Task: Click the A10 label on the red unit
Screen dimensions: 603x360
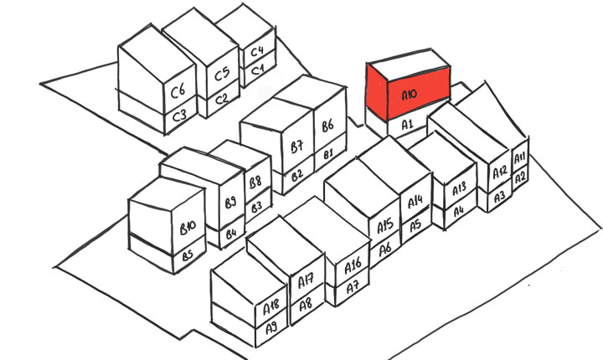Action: tap(410, 95)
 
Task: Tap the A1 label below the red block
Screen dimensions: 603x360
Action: tap(407, 125)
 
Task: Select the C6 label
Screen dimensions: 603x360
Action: tap(178, 91)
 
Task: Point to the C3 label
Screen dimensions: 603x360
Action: tap(179, 116)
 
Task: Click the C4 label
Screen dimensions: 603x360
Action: tap(257, 52)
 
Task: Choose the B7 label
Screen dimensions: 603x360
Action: tap(296, 147)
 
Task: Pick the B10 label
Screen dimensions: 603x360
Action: tap(188, 228)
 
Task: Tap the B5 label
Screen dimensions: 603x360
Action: tap(188, 255)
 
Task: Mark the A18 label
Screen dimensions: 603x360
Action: tap(271, 307)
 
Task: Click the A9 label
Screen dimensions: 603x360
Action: tap(271, 328)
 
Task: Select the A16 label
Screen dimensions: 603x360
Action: tap(353, 265)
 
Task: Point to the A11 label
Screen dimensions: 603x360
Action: tap(519, 157)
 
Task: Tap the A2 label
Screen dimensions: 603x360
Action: tap(520, 177)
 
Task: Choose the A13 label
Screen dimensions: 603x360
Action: tap(459, 188)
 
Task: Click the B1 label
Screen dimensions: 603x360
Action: tap(328, 155)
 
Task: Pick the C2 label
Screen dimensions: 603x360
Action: tap(221, 100)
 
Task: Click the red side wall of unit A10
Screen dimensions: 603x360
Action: tap(377, 91)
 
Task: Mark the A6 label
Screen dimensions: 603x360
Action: tap(385, 249)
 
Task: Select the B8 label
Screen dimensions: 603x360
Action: tap(255, 183)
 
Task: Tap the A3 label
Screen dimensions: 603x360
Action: tap(499, 198)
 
